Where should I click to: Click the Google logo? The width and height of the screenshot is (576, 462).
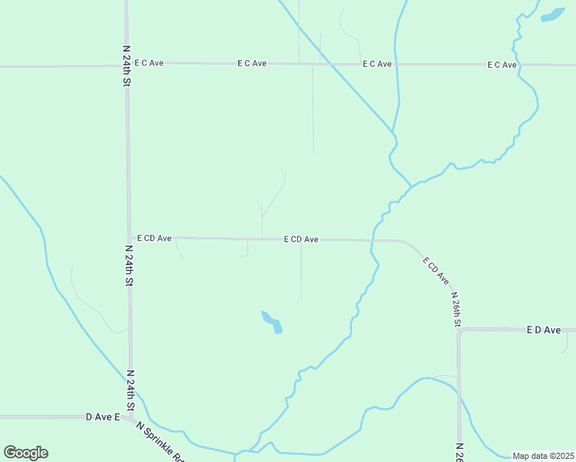tap(25, 453)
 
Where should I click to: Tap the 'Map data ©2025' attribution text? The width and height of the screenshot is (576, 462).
tap(542, 456)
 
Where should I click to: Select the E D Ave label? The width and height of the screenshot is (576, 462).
tap(544, 330)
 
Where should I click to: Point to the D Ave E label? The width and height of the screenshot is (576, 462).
tap(103, 417)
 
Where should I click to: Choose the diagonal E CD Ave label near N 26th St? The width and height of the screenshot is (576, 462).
tap(435, 271)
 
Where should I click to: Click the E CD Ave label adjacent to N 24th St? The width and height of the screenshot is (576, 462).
tap(154, 239)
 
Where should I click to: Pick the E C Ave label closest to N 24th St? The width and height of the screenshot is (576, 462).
tap(149, 63)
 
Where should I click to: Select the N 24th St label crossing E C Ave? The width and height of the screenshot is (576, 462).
tap(127, 65)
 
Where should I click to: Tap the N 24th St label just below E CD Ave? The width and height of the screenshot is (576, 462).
tap(129, 266)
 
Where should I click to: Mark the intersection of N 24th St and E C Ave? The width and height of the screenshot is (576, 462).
tap(127, 65)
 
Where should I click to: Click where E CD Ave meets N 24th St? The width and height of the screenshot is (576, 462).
tap(129, 239)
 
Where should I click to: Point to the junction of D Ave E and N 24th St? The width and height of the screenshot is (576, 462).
tap(132, 417)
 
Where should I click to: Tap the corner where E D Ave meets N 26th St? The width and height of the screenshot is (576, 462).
tap(460, 330)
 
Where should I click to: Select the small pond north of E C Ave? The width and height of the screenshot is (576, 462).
tap(552, 15)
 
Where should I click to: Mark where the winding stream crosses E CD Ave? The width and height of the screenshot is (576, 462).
tap(373, 240)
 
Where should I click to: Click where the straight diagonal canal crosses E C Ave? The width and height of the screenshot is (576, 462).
tap(326, 64)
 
